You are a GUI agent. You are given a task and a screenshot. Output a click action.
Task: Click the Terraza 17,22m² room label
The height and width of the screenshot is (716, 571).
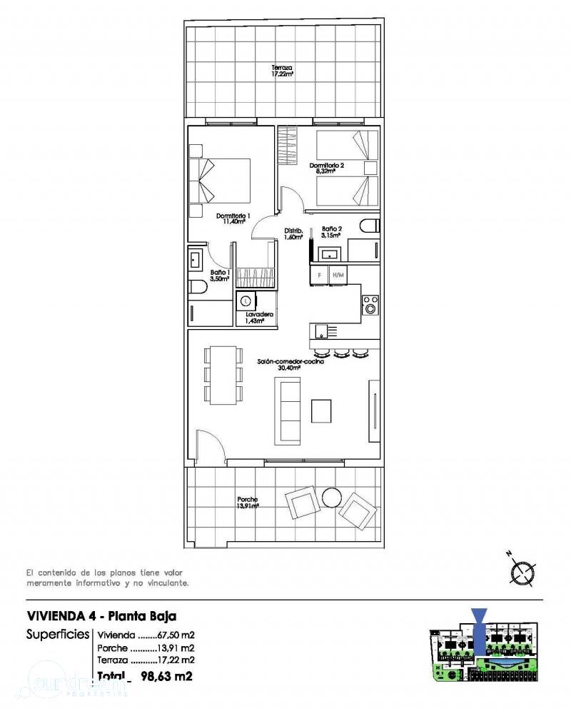pos(282,71)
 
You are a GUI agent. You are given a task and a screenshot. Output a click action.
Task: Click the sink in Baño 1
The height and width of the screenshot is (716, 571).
pos(196,258)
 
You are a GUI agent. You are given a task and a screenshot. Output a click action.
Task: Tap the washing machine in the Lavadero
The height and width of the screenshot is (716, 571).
pos(247,301)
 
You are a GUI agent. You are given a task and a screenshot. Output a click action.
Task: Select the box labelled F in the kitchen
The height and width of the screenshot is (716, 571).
pos(319,274)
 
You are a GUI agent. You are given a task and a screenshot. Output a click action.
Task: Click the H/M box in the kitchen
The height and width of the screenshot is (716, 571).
pos(338,274)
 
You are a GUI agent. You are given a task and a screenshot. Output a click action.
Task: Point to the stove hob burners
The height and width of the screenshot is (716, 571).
pos(370,304)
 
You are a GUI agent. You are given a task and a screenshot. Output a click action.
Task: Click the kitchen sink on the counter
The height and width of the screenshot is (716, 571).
pos(323,330)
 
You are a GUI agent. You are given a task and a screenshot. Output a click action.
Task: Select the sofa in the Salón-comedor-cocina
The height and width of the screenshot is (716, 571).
pos(289,410)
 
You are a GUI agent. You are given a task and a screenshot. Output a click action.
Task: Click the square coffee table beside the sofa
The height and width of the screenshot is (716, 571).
pos(321,410)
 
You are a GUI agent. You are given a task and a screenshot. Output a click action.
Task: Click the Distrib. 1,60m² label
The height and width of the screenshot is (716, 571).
pos(293,234)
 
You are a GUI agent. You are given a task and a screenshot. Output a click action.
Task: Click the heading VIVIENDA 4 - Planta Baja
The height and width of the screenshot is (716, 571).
pos(101,615)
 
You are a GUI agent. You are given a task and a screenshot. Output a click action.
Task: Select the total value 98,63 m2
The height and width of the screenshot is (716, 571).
pos(168,675)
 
